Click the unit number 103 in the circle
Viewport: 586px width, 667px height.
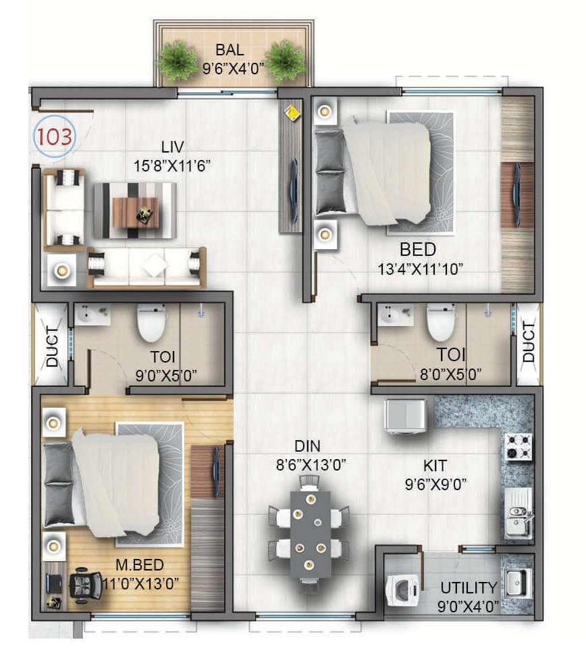pyautogui.click(x=55, y=136)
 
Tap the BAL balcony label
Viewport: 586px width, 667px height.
pyautogui.click(x=230, y=50)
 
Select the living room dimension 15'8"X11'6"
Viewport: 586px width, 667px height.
pyautogui.click(x=172, y=165)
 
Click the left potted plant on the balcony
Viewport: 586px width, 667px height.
pyautogui.click(x=179, y=60)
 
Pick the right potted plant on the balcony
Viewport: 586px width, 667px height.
pyautogui.click(x=286, y=60)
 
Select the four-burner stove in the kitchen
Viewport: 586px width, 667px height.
pyautogui.click(x=518, y=447)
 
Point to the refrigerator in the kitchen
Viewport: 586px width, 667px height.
pyautogui.click(x=405, y=415)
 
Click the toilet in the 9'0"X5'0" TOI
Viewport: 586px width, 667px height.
pyautogui.click(x=151, y=323)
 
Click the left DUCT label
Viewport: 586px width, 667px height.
pyautogui.click(x=52, y=346)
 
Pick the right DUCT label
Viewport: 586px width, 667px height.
pyautogui.click(x=528, y=342)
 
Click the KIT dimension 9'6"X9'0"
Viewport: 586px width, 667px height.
pyautogui.click(x=436, y=484)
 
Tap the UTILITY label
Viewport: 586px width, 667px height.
pyautogui.click(x=469, y=588)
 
